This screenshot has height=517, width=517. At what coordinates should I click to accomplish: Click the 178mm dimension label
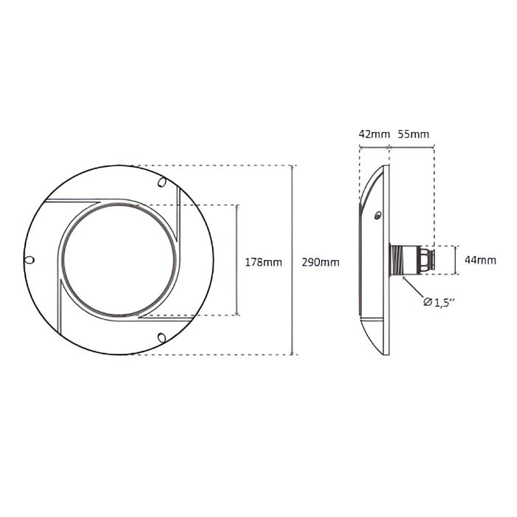[x=264, y=262]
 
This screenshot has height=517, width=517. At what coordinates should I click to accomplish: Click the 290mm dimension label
[x=321, y=262]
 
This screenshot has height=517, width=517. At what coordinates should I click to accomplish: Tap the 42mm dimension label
[x=374, y=134]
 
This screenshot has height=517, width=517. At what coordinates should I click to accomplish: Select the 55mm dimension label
[x=414, y=134]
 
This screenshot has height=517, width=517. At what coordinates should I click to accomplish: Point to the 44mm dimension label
[x=480, y=260]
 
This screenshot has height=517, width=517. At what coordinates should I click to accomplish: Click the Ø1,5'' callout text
[x=439, y=302]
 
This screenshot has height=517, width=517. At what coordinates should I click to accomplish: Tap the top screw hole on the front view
[x=162, y=182]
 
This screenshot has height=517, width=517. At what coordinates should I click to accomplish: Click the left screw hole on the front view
[x=30, y=260]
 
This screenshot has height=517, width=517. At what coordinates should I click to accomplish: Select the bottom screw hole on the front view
[x=162, y=338]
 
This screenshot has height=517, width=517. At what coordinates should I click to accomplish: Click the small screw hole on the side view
[x=377, y=216]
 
